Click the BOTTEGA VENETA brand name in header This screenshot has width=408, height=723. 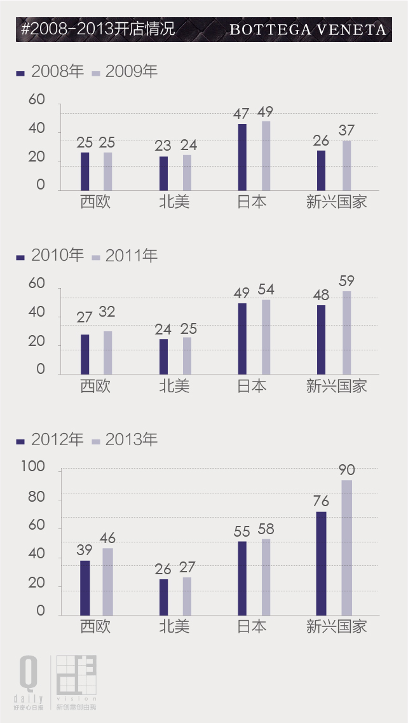[308, 30]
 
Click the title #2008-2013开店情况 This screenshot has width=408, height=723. [98, 29]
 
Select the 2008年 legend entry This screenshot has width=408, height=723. [51, 72]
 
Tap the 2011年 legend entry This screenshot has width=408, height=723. [125, 256]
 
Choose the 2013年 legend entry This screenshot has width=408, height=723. [125, 439]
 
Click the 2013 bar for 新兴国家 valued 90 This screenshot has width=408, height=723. [346, 547]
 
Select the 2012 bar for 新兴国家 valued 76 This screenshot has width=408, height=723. [321, 563]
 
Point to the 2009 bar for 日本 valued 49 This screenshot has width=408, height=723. [266, 155]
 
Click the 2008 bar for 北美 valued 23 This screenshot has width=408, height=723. [163, 173]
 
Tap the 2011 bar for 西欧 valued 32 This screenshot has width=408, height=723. [108, 352]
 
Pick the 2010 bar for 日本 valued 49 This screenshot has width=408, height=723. [242, 338]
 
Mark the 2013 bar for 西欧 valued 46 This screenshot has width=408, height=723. [108, 581]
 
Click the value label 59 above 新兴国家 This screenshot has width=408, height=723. [347, 280]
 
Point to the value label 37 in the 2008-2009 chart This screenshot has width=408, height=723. [347, 130]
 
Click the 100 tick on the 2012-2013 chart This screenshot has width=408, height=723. [33, 467]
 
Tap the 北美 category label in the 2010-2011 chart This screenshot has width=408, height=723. [174, 386]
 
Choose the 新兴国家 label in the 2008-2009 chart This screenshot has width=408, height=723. [336, 202]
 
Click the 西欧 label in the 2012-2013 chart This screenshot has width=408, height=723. [95, 626]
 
